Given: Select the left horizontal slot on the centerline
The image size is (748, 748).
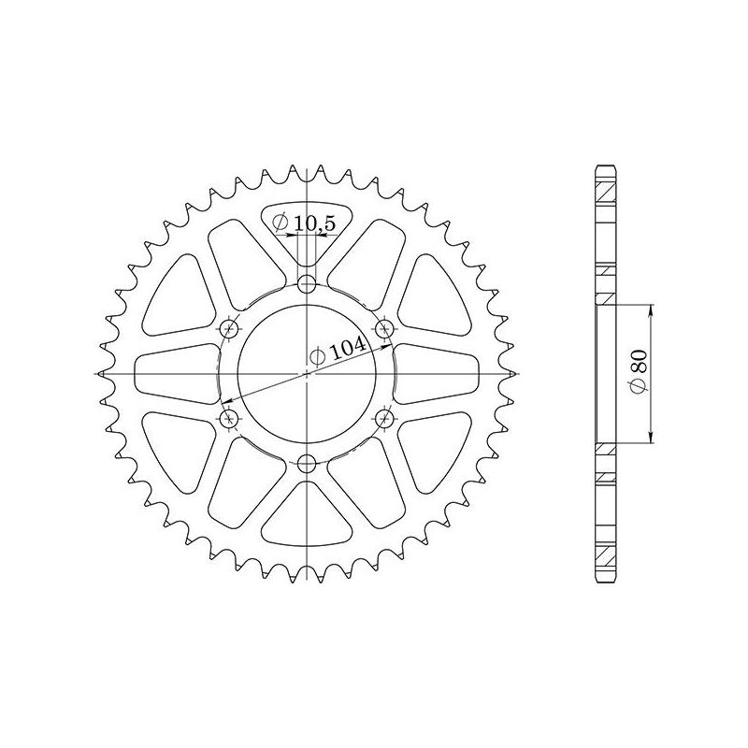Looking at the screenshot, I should coord(178,373).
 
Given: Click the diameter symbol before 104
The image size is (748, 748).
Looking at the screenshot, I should coord(317,356).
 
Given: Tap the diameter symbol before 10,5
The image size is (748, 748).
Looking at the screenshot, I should coord(280,223).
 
